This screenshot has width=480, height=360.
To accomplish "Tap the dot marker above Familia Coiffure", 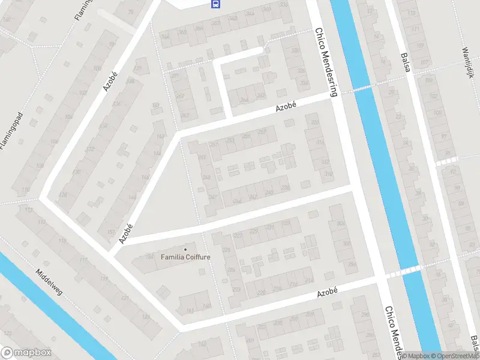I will (x=185, y=250).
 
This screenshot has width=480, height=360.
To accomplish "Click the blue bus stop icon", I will (x=215, y=4).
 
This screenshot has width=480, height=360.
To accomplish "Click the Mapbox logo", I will (x=26, y=353).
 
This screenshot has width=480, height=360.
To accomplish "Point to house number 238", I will (x=286, y=188).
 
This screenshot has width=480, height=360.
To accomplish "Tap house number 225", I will (x=226, y=250).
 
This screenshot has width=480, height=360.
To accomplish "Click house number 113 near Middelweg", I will (x=42, y=223).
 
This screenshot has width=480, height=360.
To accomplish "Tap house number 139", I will (x=139, y=69).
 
